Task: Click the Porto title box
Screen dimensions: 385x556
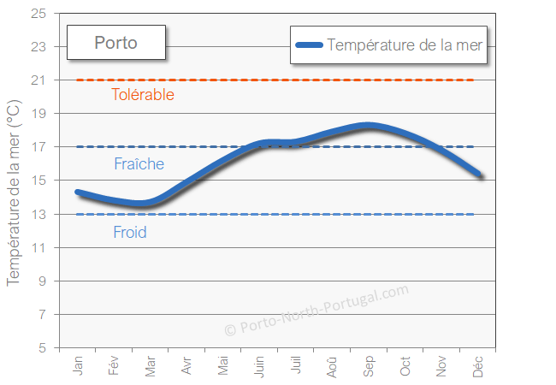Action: [x=115, y=42]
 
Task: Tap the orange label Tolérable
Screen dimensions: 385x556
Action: [x=143, y=94]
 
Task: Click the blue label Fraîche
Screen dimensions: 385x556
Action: [x=139, y=163]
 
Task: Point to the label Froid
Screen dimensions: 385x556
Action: [x=130, y=232]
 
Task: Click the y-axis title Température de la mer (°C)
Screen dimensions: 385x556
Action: [x=14, y=192]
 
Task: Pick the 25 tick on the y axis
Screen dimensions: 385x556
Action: [x=38, y=14]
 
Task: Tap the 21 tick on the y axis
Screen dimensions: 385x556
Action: [x=38, y=80]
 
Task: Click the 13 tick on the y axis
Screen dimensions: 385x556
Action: [x=38, y=215]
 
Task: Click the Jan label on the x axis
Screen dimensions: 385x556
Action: [x=79, y=366]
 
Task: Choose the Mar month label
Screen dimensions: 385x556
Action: [x=151, y=366]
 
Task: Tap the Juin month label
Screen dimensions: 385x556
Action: [x=259, y=366]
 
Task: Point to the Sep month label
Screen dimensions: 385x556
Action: [x=369, y=366]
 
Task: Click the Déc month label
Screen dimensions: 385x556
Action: [x=478, y=366]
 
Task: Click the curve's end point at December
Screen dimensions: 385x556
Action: [x=481, y=175]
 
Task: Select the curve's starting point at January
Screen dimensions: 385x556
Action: [x=78, y=192]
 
